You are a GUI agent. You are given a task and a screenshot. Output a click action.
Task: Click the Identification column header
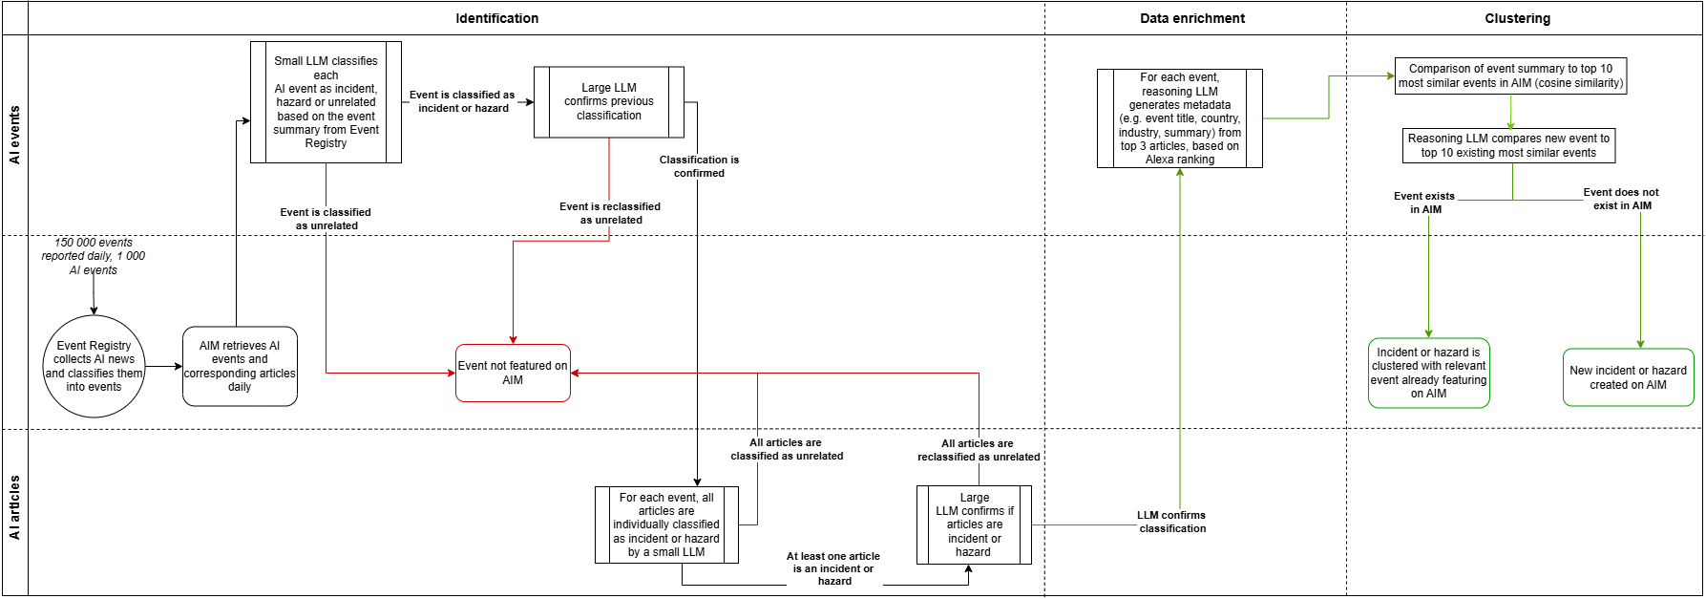pos(496,18)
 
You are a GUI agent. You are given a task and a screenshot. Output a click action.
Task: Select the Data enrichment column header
pos(1192,18)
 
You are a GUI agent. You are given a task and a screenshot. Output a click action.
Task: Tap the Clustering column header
pos(1517,18)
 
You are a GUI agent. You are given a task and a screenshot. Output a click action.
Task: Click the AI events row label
pos(15,135)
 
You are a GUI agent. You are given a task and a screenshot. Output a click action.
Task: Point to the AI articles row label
pos(15,507)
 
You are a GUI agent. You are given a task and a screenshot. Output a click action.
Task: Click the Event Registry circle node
pos(94,367)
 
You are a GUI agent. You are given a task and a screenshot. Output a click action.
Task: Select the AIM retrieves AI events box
pos(240,367)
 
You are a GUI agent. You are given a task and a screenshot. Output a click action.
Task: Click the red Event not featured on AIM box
pos(513,373)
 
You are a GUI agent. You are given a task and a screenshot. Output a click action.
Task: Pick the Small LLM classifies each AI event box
pos(326,102)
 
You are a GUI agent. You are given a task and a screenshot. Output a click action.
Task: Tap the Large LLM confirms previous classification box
pos(609,101)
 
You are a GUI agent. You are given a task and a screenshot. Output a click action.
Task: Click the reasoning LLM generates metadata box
pos(1180,118)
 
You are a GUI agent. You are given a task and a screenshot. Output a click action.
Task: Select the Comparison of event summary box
pos(1510,75)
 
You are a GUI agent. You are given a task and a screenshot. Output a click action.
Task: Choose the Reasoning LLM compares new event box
pos(1508,145)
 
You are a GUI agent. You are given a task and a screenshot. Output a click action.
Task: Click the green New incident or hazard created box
pos(1628,377)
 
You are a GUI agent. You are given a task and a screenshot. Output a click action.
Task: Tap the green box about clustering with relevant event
pos(1428,373)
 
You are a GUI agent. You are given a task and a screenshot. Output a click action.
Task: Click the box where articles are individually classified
pos(666,524)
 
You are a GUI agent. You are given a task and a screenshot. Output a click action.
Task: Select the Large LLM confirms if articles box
pos(974,524)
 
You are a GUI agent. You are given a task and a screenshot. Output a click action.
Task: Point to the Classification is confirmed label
pos(699,166)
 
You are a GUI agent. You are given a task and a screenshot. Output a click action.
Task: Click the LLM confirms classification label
pos(1171,522)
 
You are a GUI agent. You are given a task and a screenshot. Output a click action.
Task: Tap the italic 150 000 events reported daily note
pos(94,256)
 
